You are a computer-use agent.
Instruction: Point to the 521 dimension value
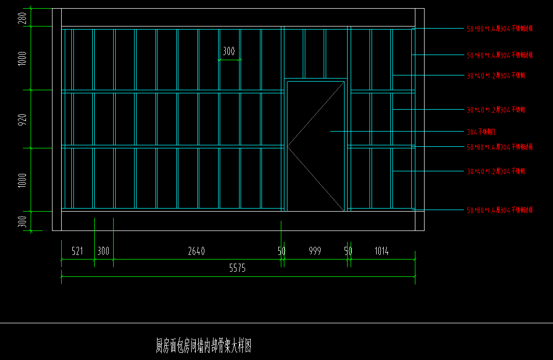point(77,251)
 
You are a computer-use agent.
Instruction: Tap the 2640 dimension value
point(196,251)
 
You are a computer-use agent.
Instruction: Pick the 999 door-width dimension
point(315,251)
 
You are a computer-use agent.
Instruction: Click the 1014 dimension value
point(381,251)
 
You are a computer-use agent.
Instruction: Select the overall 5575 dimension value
point(238,269)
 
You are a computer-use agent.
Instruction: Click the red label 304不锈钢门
point(481,132)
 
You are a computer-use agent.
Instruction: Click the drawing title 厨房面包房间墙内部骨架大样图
point(203,347)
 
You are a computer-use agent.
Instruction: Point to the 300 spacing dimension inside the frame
point(229,52)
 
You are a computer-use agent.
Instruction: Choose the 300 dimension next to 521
point(103,251)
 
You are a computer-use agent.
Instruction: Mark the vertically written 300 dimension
point(22,222)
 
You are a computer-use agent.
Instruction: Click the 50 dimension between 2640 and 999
point(281,251)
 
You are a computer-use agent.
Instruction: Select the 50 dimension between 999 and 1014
point(348,251)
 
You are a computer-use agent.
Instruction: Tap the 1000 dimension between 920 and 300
point(22,180)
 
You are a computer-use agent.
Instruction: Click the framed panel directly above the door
point(315,53)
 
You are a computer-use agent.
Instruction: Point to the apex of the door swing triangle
point(287,147)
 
